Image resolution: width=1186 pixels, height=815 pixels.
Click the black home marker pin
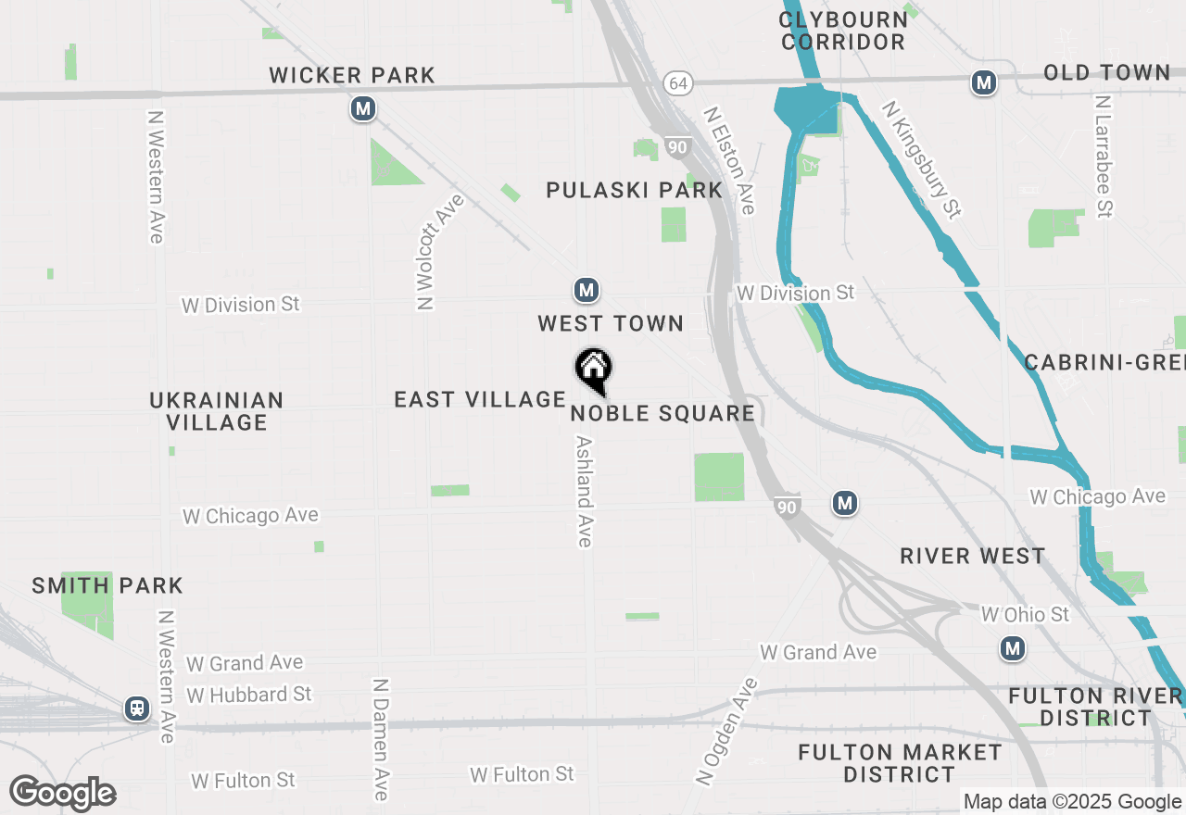(x=593, y=370)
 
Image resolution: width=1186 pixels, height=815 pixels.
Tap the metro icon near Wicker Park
(x=363, y=109)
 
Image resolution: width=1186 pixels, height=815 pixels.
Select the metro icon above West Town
(x=585, y=291)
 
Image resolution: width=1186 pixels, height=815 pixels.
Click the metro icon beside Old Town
(x=983, y=83)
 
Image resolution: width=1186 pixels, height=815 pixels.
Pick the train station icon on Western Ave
(x=137, y=709)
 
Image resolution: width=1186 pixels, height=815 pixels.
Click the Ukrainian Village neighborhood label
(x=217, y=411)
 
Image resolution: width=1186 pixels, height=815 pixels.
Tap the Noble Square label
(x=662, y=413)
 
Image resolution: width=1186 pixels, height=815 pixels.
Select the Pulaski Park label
(x=634, y=190)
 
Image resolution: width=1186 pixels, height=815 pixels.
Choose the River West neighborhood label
(x=973, y=556)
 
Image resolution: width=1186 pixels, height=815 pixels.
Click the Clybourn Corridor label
(x=842, y=31)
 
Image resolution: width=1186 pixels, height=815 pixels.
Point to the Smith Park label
(x=107, y=585)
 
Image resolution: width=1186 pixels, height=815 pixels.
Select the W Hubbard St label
(x=249, y=694)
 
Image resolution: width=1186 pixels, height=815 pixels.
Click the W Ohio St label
(x=1025, y=614)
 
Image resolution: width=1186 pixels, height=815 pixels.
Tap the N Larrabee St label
(x=1103, y=156)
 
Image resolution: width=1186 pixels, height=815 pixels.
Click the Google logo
(x=63, y=793)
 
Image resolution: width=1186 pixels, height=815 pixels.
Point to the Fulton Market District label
(x=900, y=763)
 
